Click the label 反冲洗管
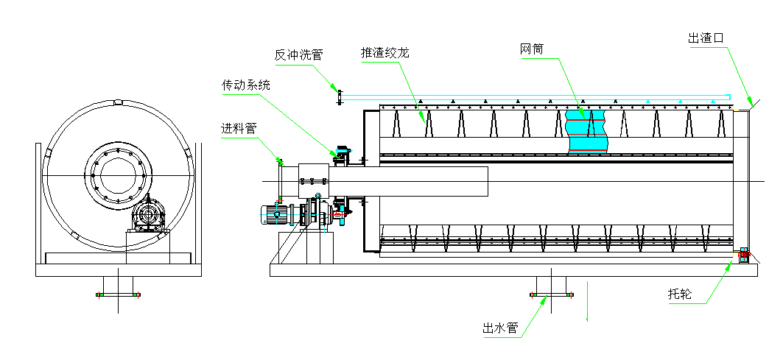click(298, 54)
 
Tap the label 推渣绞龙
click(384, 53)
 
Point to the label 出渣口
click(707, 38)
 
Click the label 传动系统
click(246, 85)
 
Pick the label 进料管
click(239, 128)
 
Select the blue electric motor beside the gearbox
click(275, 214)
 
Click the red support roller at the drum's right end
click(743, 255)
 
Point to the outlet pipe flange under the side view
click(552, 295)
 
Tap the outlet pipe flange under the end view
click(118, 295)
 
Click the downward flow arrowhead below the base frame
click(587, 318)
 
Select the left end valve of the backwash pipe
click(338, 96)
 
